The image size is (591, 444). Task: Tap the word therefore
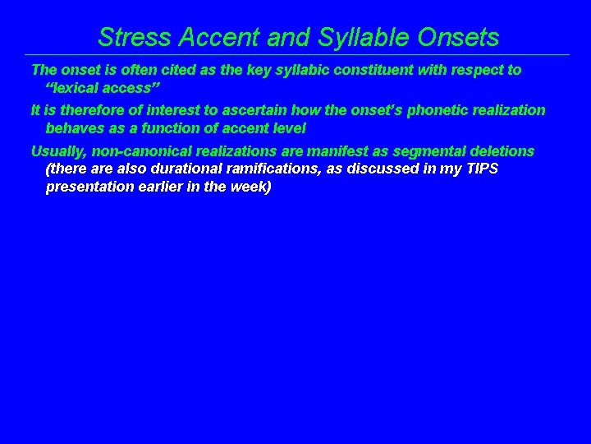point(85,110)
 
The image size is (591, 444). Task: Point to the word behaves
point(76,129)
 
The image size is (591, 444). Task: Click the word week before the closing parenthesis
point(251,187)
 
